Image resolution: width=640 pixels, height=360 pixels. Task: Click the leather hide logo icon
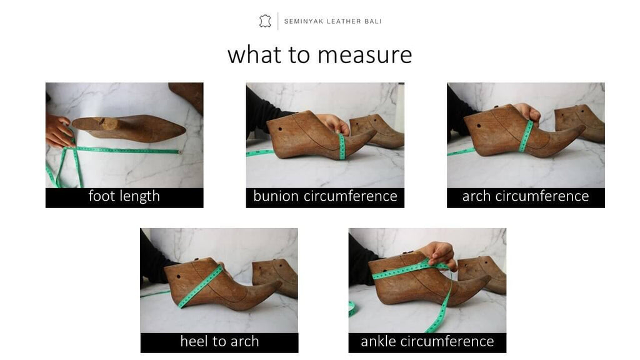click(x=265, y=21)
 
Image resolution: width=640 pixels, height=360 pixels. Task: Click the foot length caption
click(x=124, y=196)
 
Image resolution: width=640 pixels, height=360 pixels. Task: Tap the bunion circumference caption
click(x=325, y=196)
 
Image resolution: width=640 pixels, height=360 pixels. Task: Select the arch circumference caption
click(x=526, y=196)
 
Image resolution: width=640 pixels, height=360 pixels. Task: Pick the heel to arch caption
click(x=219, y=341)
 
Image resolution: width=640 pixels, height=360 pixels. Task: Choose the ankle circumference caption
click(x=427, y=341)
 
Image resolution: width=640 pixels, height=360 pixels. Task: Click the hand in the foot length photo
click(x=58, y=132)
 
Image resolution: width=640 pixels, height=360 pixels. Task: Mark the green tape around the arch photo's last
click(x=526, y=136)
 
